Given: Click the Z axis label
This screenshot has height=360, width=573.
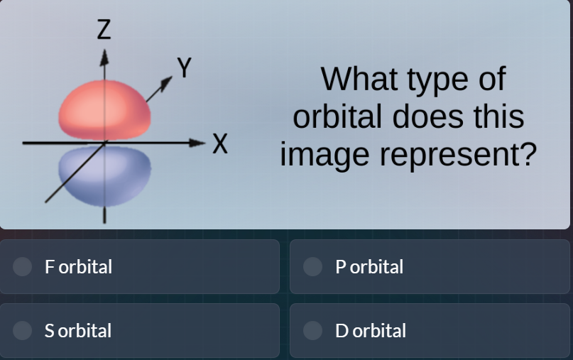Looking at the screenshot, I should click(x=104, y=30).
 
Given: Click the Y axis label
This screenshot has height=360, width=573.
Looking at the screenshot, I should click(x=185, y=68).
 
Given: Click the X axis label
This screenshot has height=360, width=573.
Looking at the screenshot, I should click(x=221, y=145).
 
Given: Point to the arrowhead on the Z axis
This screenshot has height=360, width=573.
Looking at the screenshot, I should click(x=104, y=55).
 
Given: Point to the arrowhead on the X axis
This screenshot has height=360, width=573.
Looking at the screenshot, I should click(x=202, y=143).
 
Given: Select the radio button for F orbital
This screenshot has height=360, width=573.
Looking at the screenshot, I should click(x=23, y=266).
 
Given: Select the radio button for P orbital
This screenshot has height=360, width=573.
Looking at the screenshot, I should click(x=312, y=266).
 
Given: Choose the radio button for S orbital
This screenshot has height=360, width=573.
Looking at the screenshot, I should click(x=23, y=330).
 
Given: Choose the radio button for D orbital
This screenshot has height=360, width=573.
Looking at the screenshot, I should click(x=312, y=330).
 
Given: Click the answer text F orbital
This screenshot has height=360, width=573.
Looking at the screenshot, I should click(x=78, y=267).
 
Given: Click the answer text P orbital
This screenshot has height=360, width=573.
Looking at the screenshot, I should click(x=369, y=267).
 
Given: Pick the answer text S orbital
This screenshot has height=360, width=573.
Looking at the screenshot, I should click(x=78, y=331).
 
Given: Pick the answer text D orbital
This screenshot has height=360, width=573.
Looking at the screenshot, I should click(x=371, y=331).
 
